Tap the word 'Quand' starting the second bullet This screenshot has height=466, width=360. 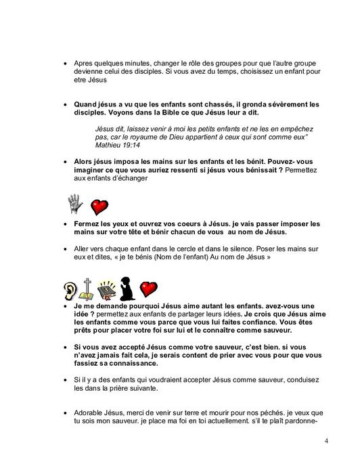[88, 104]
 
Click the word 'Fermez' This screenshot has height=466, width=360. [89, 223]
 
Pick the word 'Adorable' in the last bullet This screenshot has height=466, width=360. [93, 412]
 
